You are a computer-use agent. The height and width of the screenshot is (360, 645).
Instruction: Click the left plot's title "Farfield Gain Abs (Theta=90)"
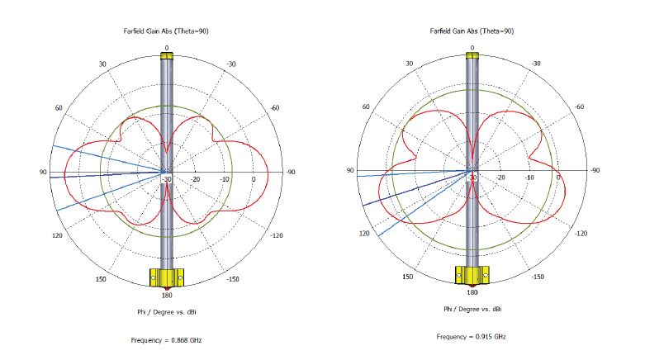166,31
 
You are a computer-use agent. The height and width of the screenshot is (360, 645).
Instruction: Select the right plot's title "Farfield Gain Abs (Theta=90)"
472,31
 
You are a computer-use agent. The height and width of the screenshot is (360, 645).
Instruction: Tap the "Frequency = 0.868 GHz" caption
166,340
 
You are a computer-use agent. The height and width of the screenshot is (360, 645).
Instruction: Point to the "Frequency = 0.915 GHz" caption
472,337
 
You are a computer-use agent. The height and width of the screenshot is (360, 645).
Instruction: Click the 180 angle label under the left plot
167,295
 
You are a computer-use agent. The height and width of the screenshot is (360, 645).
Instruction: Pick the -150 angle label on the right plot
538,277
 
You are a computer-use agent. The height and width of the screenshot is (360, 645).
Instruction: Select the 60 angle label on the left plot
59,108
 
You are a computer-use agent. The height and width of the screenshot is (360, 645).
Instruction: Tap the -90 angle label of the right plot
595,170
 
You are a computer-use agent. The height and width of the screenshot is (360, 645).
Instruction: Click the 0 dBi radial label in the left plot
254,179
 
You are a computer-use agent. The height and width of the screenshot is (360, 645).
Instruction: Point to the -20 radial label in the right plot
500,178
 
